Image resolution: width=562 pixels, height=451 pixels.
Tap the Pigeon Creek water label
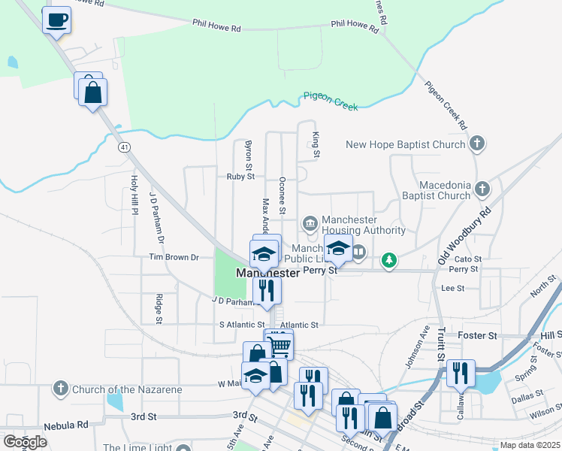click(x=331, y=101)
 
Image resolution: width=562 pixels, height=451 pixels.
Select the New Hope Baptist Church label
click(x=406, y=144)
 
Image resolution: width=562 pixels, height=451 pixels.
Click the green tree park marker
click(x=388, y=261)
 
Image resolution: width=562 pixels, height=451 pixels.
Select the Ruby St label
click(x=241, y=177)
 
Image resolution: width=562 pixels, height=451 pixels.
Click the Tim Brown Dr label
click(x=174, y=257)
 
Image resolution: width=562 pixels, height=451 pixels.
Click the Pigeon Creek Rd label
click(x=446, y=104)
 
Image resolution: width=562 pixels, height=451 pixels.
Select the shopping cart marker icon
click(x=279, y=346)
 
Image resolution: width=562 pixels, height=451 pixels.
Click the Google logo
click(x=25, y=442)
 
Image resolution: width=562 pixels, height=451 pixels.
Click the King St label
click(x=316, y=144)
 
